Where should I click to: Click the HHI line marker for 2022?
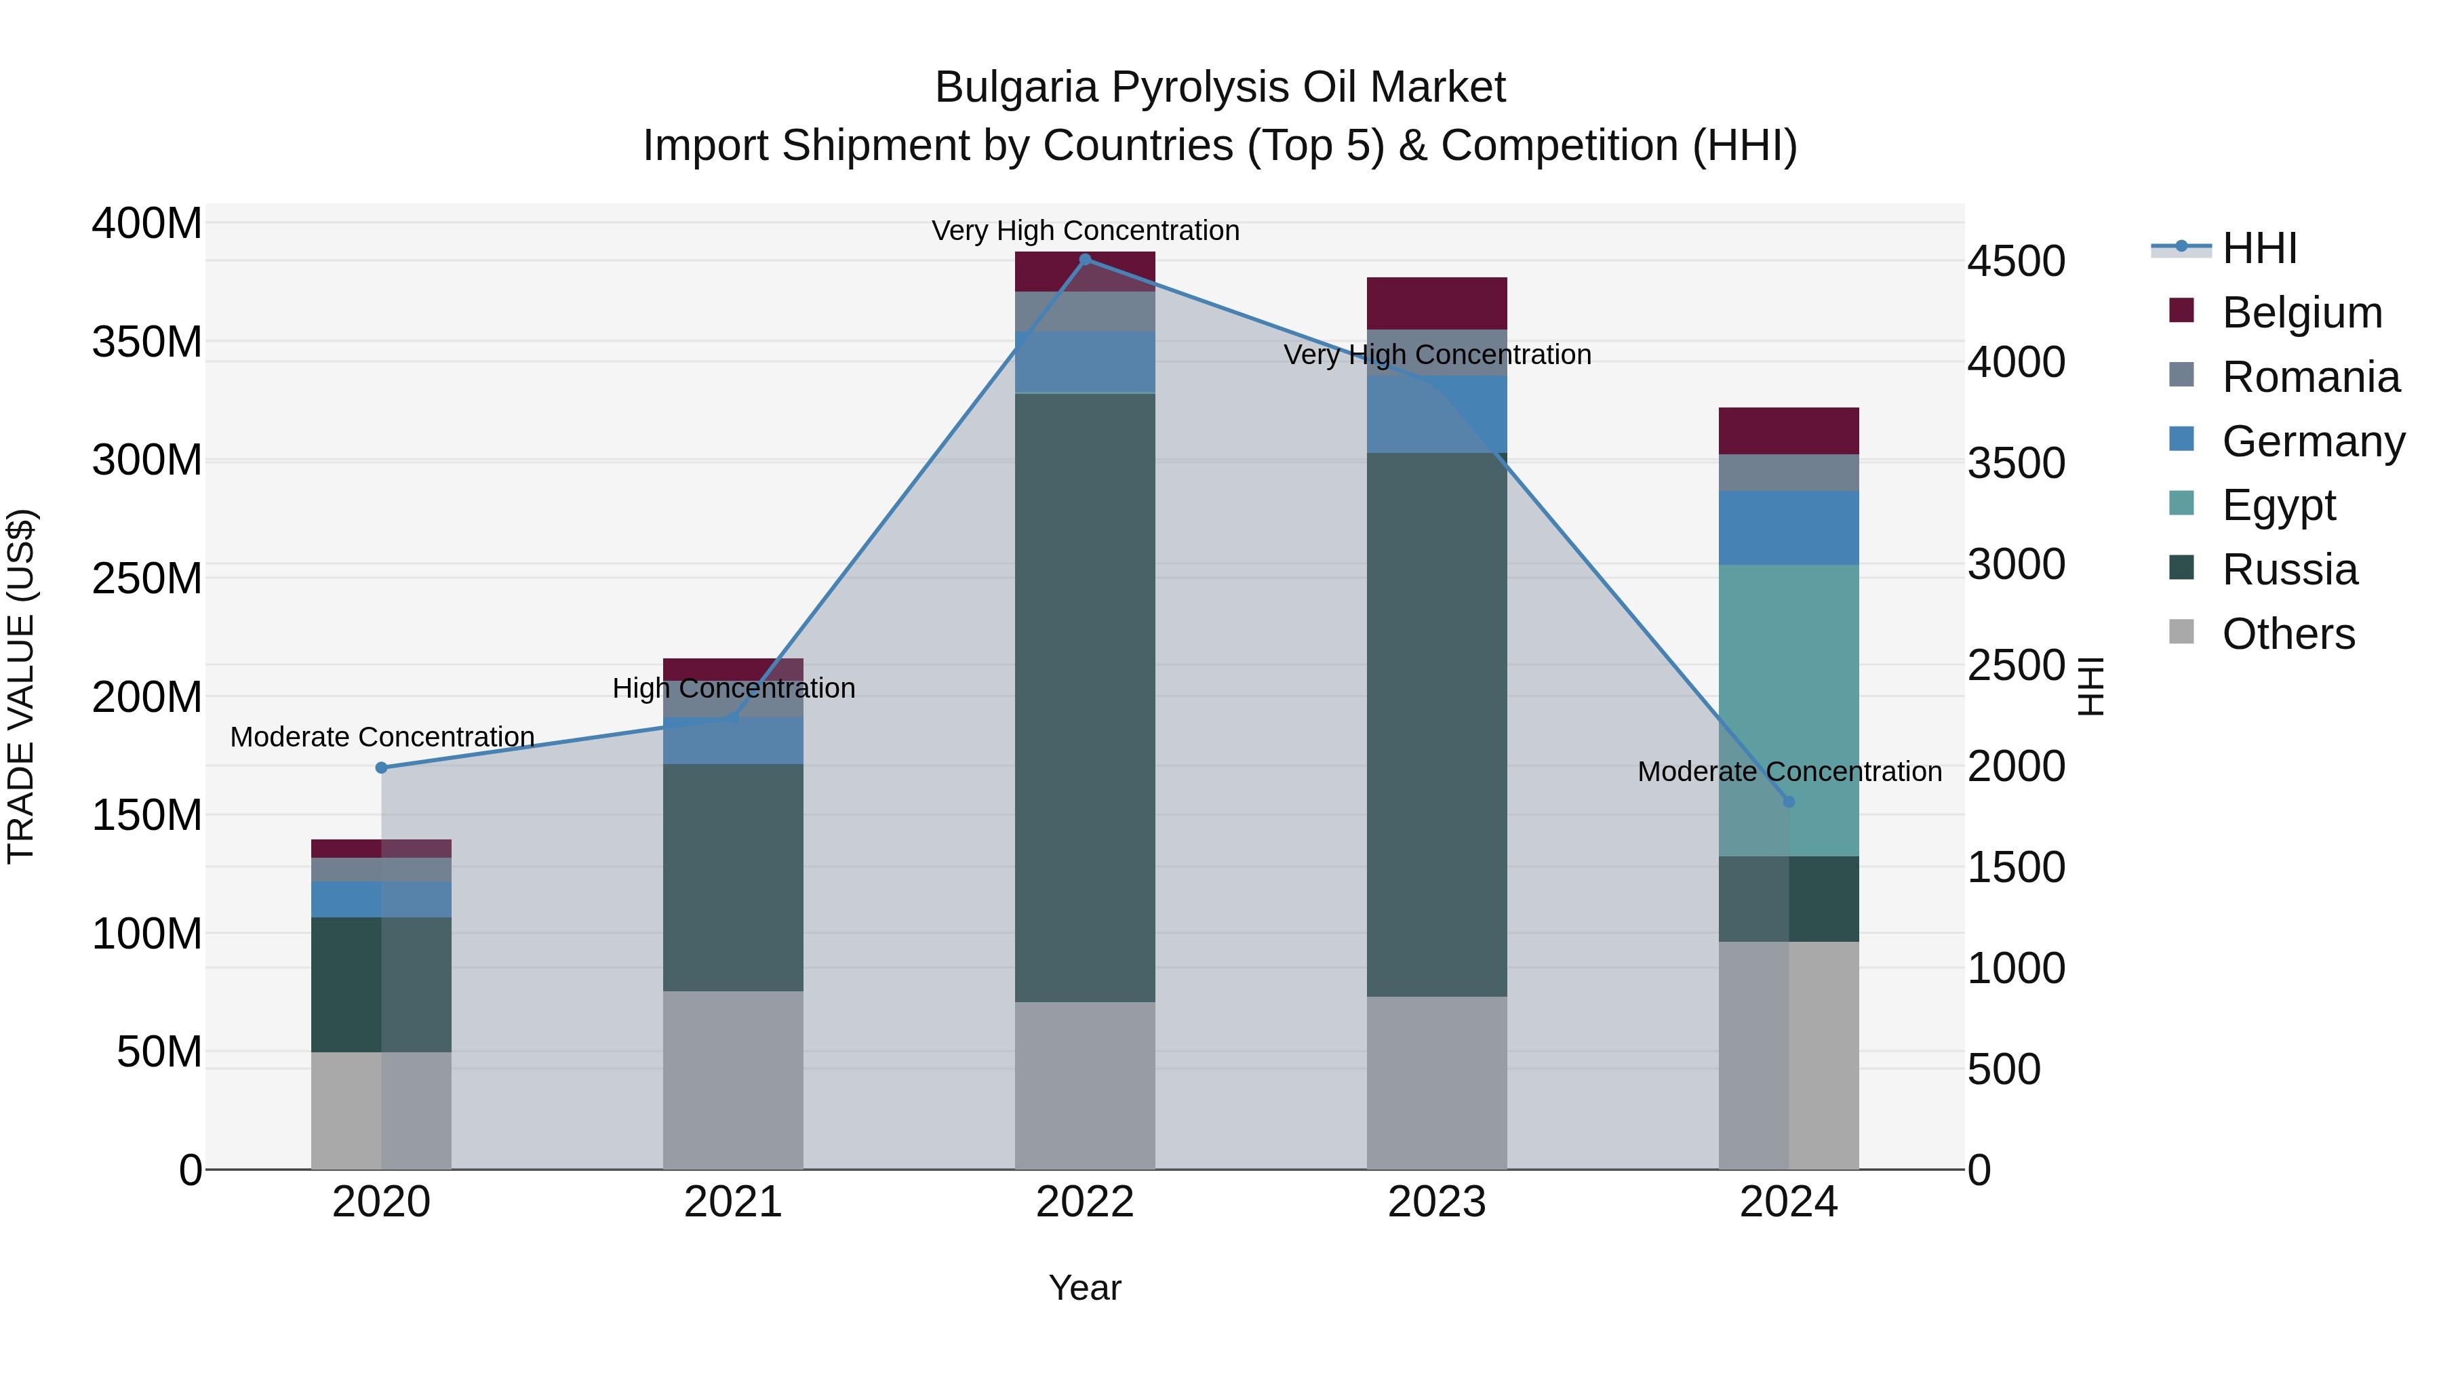(1085, 260)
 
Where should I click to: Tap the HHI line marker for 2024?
(1788, 801)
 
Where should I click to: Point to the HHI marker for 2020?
(381, 768)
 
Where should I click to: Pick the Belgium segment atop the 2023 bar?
(1437, 303)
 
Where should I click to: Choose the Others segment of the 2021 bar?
(732, 1080)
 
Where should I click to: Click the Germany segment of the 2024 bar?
(1788, 528)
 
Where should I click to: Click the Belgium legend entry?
(2300, 313)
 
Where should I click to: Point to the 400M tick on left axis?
(147, 224)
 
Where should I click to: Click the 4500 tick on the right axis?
(2016, 262)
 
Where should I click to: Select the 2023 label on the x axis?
(1437, 1202)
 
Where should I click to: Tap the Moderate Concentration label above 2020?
(382, 736)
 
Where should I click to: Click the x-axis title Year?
(1084, 1288)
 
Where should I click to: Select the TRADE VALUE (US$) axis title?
(22, 686)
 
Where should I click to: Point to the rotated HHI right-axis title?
(2090, 686)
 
